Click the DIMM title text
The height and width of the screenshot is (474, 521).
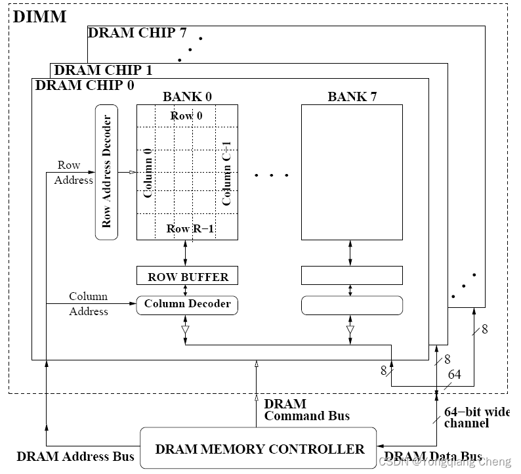40,16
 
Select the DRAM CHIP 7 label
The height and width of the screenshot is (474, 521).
136,33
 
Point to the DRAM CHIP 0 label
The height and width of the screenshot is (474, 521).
84,85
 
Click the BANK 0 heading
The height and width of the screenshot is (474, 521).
187,97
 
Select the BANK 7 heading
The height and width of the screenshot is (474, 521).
352,97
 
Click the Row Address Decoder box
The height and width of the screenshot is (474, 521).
107,172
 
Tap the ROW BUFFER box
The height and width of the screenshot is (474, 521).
187,276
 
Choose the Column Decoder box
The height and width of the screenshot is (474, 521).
187,305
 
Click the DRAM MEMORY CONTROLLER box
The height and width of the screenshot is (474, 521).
259,449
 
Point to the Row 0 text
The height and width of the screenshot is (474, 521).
186,116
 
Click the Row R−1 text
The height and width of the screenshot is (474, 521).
190,228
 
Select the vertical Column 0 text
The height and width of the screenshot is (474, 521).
148,173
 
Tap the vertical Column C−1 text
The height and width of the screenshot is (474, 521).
227,173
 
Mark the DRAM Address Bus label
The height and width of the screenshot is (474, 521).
75,456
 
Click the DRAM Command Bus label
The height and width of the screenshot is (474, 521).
306,410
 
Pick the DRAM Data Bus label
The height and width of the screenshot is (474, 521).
433,456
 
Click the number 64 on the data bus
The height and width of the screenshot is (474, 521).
454,374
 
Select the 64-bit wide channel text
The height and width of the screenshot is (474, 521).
476,418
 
